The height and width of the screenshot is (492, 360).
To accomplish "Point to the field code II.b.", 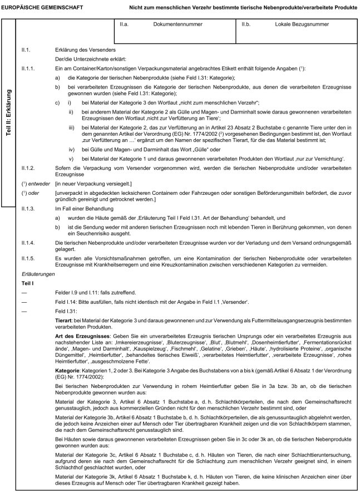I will pos(246,26).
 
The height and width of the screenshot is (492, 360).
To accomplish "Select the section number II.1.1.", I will pos(28,67).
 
